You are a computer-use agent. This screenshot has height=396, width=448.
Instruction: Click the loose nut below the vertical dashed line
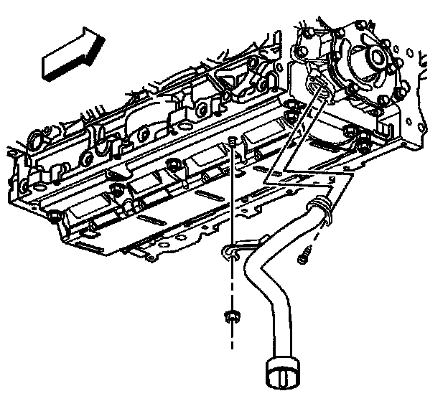coord(231,315)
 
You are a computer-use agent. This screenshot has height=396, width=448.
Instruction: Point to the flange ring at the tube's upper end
coord(318,209)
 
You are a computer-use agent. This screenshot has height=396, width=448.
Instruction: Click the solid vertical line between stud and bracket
coord(233,194)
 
